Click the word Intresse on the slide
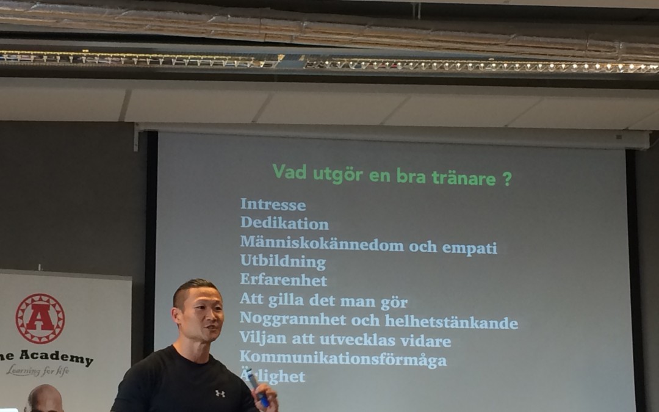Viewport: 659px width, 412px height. [x=273, y=204]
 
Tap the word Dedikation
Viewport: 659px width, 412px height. [x=284, y=224]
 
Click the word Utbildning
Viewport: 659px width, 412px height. [x=283, y=262]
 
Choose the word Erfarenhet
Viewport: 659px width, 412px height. [x=283, y=281]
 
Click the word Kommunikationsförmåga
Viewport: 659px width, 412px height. [x=342, y=359]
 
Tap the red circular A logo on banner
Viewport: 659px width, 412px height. [x=40, y=318]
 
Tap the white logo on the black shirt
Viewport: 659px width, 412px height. [x=220, y=394]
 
